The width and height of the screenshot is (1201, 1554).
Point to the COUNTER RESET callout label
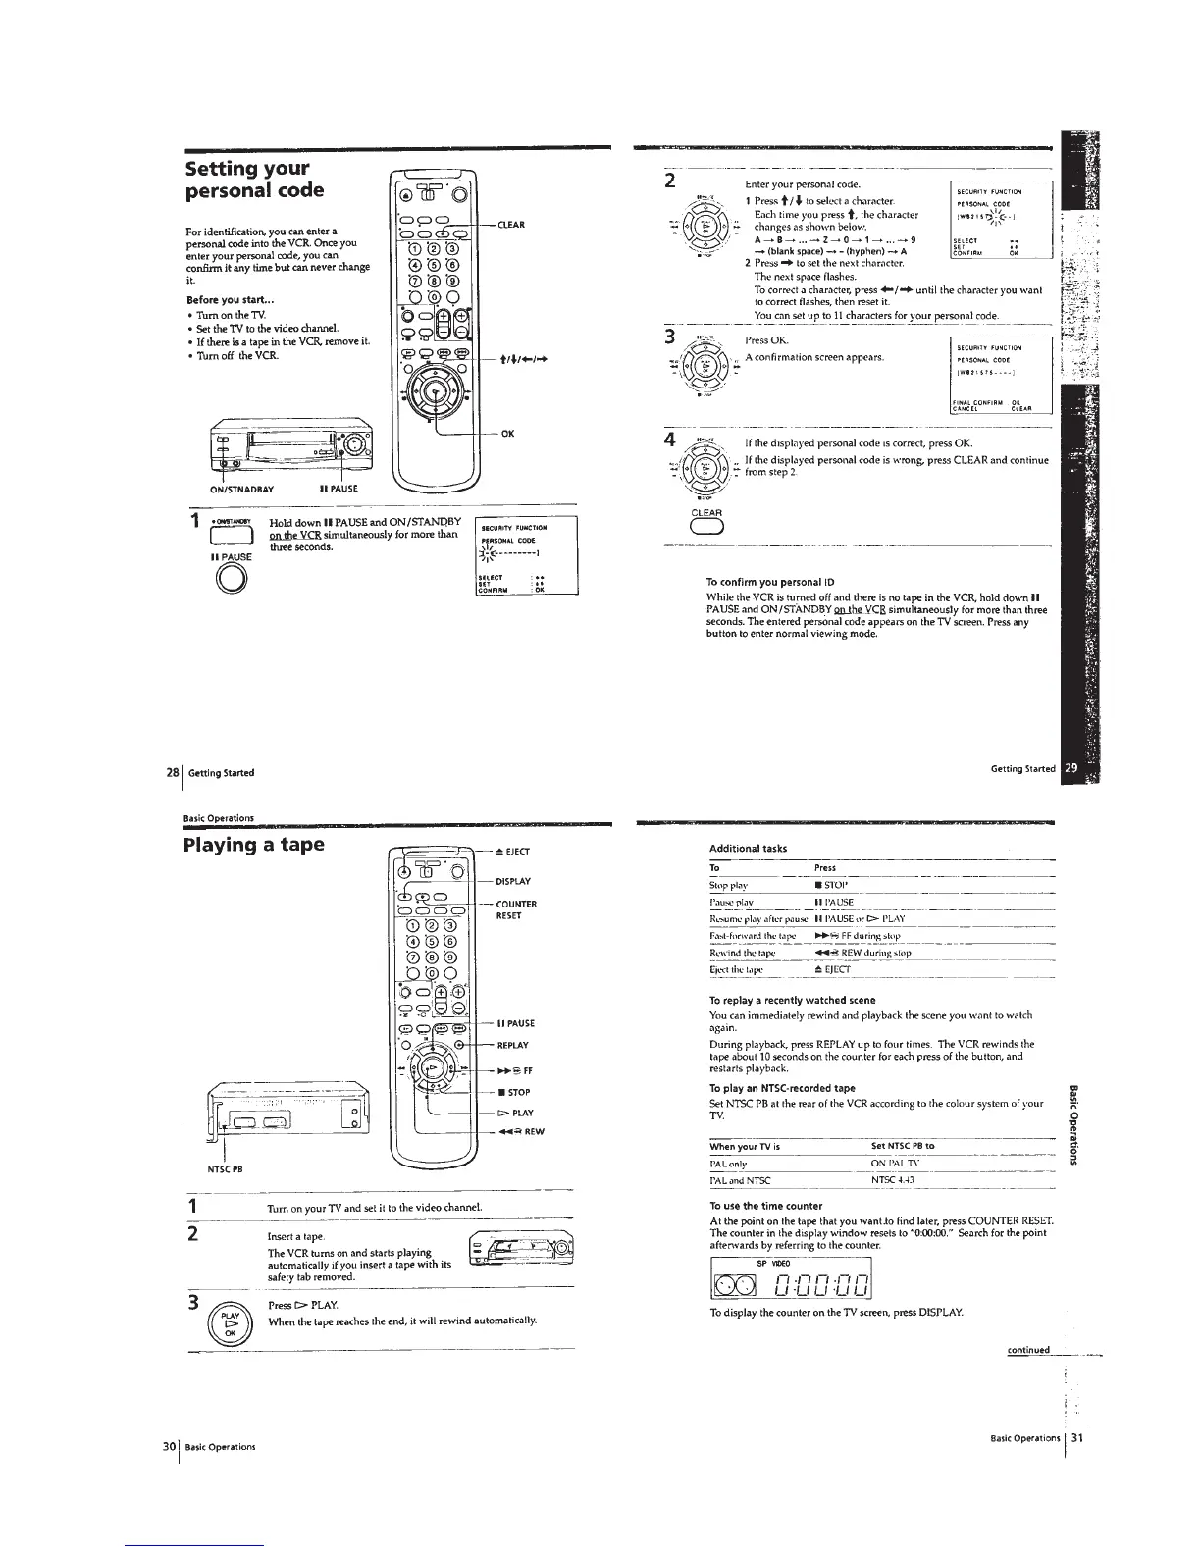pyautogui.click(x=517, y=909)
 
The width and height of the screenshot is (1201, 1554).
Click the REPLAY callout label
pyautogui.click(x=513, y=1045)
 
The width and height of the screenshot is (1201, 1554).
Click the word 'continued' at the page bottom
pyautogui.click(x=1028, y=1350)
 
